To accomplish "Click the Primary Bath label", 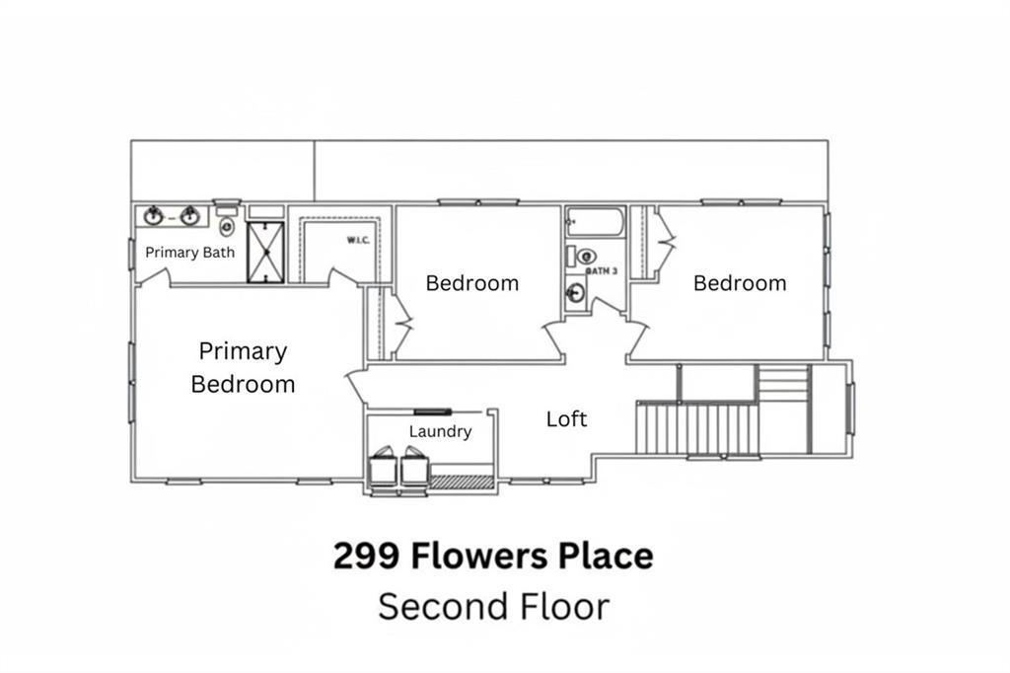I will [190, 252].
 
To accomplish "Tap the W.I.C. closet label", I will [357, 240].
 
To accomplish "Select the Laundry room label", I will [440, 431].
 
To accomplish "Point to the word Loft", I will [567, 418].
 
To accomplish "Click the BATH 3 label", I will [602, 270].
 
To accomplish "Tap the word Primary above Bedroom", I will [243, 351].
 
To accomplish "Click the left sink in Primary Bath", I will [154, 216].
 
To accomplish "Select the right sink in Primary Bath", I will [189, 216].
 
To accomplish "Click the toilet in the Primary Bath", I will [227, 225].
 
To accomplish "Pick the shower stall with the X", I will [264, 252].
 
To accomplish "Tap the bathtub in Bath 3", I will [595, 221].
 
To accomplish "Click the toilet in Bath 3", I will [583, 256].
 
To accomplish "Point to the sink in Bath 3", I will [576, 292].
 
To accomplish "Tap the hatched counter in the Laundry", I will [462, 482].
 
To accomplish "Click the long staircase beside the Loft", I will [698, 427].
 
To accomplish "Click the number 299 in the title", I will [366, 556].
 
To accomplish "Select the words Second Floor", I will [493, 606].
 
